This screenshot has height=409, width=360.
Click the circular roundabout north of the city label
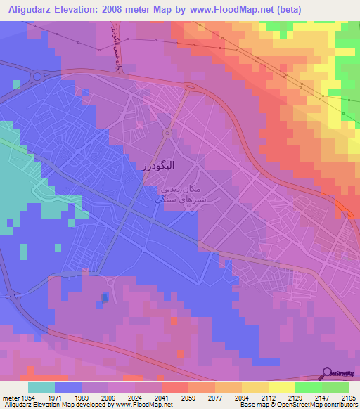(x=167, y=134)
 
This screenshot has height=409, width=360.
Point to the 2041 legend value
(x=162, y=397)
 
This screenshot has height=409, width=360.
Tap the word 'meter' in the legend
(x=10, y=397)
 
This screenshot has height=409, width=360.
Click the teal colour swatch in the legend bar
(x=41, y=387)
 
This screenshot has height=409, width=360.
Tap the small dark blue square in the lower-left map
(x=105, y=298)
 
